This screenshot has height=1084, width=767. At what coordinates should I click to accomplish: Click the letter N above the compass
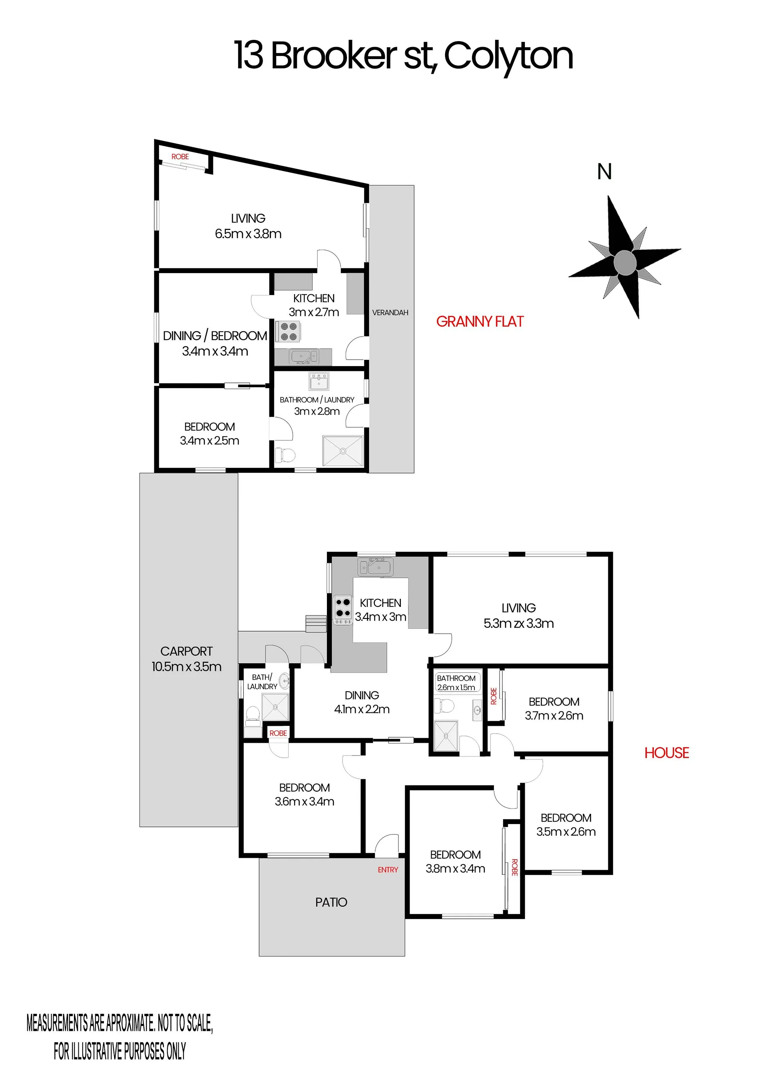[x=604, y=171]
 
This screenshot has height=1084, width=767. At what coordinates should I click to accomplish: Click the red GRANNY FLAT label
[x=480, y=321]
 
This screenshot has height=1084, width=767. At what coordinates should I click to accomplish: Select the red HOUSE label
[x=666, y=753]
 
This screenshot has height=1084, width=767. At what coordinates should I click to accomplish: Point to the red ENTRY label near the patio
[x=388, y=870]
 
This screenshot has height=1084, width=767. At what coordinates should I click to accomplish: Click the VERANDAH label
[x=390, y=313]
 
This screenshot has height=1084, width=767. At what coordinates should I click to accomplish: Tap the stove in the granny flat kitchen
[x=288, y=331]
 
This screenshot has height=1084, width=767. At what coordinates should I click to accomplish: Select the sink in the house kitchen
[x=376, y=567]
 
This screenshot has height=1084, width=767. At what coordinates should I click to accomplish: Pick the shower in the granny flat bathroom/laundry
[x=343, y=451]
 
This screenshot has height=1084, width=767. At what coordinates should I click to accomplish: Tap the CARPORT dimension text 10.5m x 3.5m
[x=186, y=667]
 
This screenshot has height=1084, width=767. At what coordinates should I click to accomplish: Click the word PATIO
[x=331, y=902]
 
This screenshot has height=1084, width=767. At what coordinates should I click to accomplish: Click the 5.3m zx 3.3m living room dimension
[x=518, y=623]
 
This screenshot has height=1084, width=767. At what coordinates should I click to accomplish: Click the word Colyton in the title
[x=508, y=57]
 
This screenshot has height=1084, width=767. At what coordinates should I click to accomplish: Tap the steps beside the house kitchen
[x=316, y=623]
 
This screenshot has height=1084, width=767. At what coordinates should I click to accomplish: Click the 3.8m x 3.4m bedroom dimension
[x=455, y=868]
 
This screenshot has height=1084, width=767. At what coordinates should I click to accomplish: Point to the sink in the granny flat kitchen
[x=303, y=357]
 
